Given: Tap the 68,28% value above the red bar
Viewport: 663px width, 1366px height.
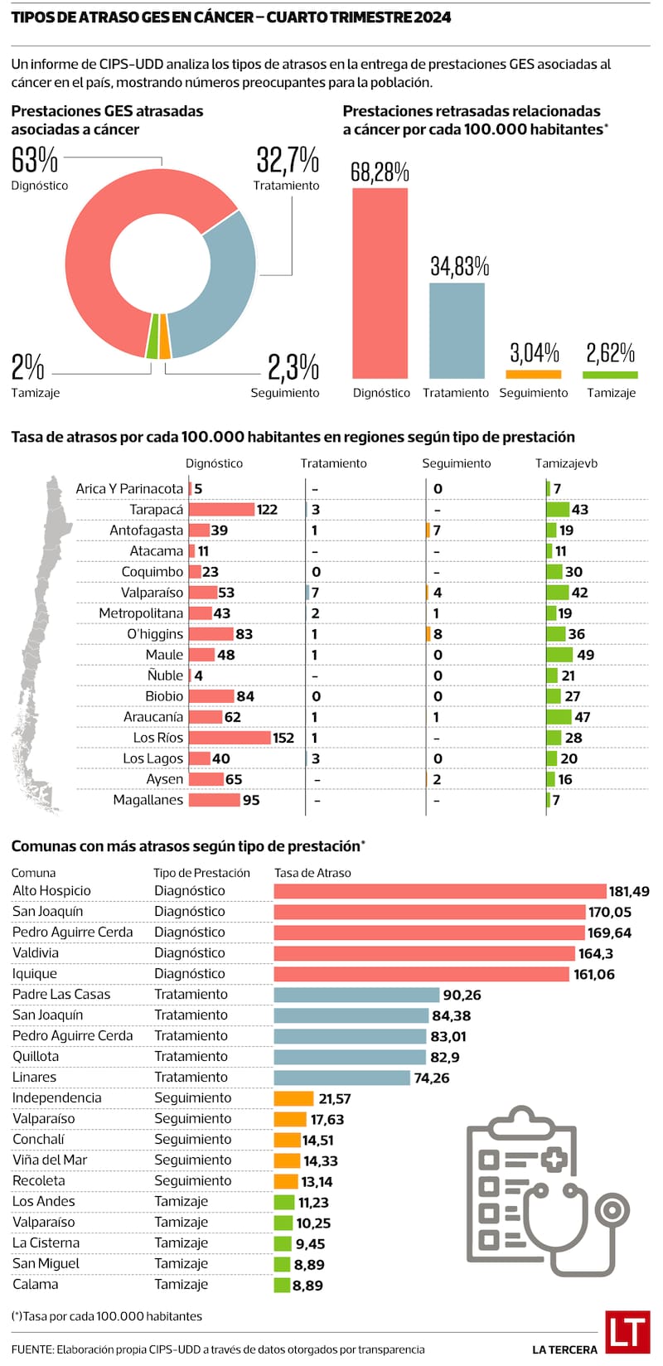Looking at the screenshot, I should point(380,172).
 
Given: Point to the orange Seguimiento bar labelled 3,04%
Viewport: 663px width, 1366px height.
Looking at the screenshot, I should point(533,374).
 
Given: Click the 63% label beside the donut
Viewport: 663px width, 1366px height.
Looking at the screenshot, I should point(35,160).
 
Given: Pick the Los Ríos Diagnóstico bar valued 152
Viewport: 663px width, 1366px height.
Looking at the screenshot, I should point(230,738).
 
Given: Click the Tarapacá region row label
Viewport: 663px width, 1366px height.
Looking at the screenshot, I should point(156,510).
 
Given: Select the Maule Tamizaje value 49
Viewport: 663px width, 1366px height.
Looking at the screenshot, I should point(585,655).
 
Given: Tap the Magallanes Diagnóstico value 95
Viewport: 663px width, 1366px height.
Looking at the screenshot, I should point(250,801).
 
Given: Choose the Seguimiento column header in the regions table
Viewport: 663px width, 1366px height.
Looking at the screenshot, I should point(456,463).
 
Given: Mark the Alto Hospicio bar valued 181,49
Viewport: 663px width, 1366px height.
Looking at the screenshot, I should point(440,891).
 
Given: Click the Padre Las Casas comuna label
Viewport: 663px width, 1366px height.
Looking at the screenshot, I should point(61,995).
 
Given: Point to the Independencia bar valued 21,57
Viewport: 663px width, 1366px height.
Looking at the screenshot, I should point(293,1098).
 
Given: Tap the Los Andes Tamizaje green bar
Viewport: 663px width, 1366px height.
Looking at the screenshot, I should point(283,1202).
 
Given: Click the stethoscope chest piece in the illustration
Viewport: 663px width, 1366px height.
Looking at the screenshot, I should point(615,1210).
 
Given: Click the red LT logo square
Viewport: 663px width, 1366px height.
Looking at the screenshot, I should point(627,1332).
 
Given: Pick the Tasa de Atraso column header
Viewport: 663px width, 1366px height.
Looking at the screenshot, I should point(312,873).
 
